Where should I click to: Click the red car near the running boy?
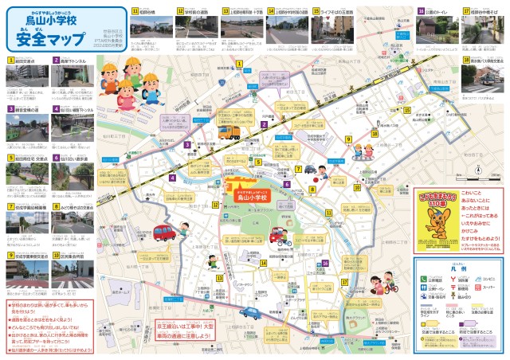pos(165,233)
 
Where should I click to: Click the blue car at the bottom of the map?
pos(253,314)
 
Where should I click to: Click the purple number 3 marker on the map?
pos(186,145)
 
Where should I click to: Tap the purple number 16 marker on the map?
pos(325,264)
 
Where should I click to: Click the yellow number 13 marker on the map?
pos(218,276)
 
